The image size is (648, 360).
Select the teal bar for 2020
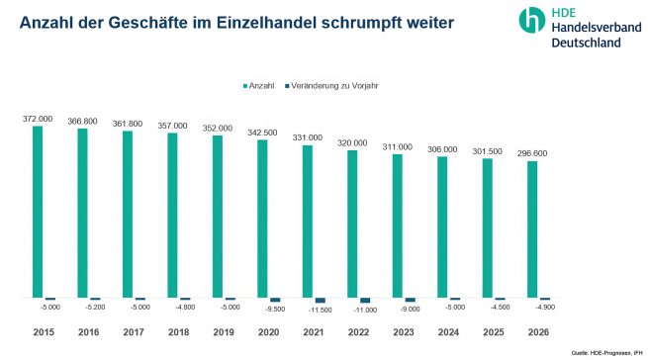[262, 219]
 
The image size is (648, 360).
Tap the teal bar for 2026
[532, 228]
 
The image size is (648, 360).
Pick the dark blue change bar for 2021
[320, 300]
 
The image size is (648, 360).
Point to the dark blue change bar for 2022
[365, 300]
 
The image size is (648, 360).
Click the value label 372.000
[38, 119]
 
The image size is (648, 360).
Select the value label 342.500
[262, 133]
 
